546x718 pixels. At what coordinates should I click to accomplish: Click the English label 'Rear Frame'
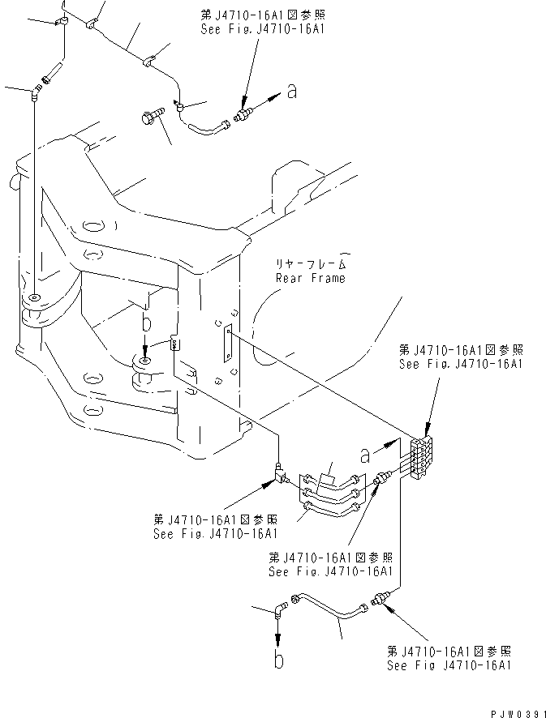(310, 278)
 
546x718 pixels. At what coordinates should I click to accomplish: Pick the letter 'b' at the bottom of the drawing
(280, 660)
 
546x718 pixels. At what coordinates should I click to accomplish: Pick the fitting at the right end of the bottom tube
(377, 600)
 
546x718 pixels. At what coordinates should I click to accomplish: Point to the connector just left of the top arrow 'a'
(242, 118)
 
